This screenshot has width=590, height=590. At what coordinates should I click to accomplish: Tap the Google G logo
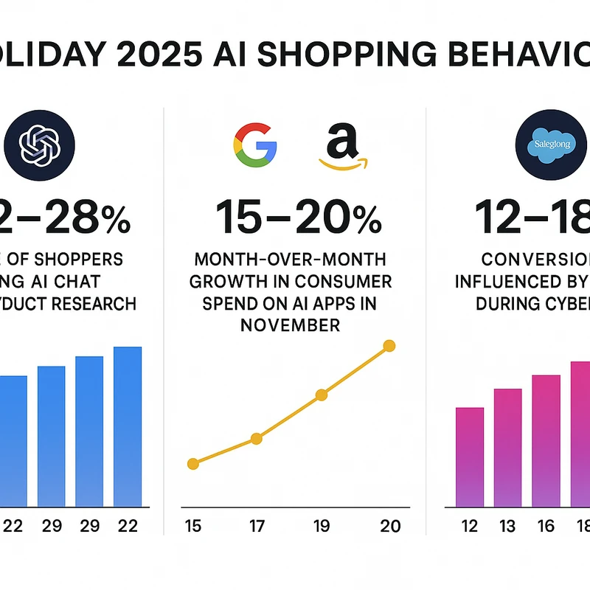point(254,142)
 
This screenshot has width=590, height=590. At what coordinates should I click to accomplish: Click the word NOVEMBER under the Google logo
point(291,324)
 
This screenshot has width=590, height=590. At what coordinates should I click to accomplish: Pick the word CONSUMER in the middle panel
point(347,282)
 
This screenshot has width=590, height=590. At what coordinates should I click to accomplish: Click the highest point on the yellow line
point(389,345)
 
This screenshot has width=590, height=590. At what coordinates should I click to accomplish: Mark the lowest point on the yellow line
point(193,464)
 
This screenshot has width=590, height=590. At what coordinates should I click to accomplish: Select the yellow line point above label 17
point(257,438)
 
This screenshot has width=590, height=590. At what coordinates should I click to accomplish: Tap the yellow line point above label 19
point(322,395)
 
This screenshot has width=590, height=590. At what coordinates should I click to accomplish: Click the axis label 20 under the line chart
point(390,526)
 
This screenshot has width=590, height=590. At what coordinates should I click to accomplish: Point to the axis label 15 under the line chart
point(193,526)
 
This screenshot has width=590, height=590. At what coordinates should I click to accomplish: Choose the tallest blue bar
point(127,426)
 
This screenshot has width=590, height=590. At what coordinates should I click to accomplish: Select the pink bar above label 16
point(546,440)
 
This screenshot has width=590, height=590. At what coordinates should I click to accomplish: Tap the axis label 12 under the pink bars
point(469,526)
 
